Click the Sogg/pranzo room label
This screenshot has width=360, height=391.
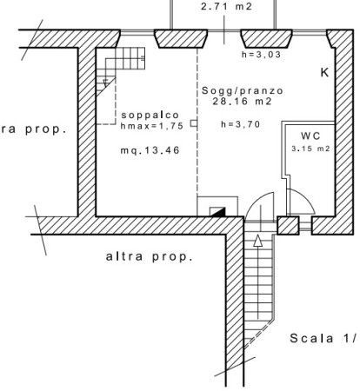tap(243, 91)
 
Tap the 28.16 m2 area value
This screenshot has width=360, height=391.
tap(243, 102)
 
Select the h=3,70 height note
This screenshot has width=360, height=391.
tap(241, 124)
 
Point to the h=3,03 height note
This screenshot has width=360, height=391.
tap(261, 55)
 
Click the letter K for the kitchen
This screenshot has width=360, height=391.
tap(324, 72)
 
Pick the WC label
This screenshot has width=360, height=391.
tap(310, 136)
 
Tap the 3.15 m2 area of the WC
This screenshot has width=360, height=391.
tap(310, 149)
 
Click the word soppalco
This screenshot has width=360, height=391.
tap(150, 115)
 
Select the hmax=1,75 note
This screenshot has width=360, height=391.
tap(152, 126)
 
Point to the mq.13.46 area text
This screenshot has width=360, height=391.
tap(150, 150)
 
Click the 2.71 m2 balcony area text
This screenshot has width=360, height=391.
tap(227, 6)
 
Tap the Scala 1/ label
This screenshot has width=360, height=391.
tap(323, 338)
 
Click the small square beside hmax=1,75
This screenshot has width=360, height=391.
tap(194, 123)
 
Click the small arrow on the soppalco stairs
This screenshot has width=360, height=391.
tap(106, 83)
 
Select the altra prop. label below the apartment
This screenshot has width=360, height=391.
tap(150, 256)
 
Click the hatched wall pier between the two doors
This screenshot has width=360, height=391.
tap(288, 225)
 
